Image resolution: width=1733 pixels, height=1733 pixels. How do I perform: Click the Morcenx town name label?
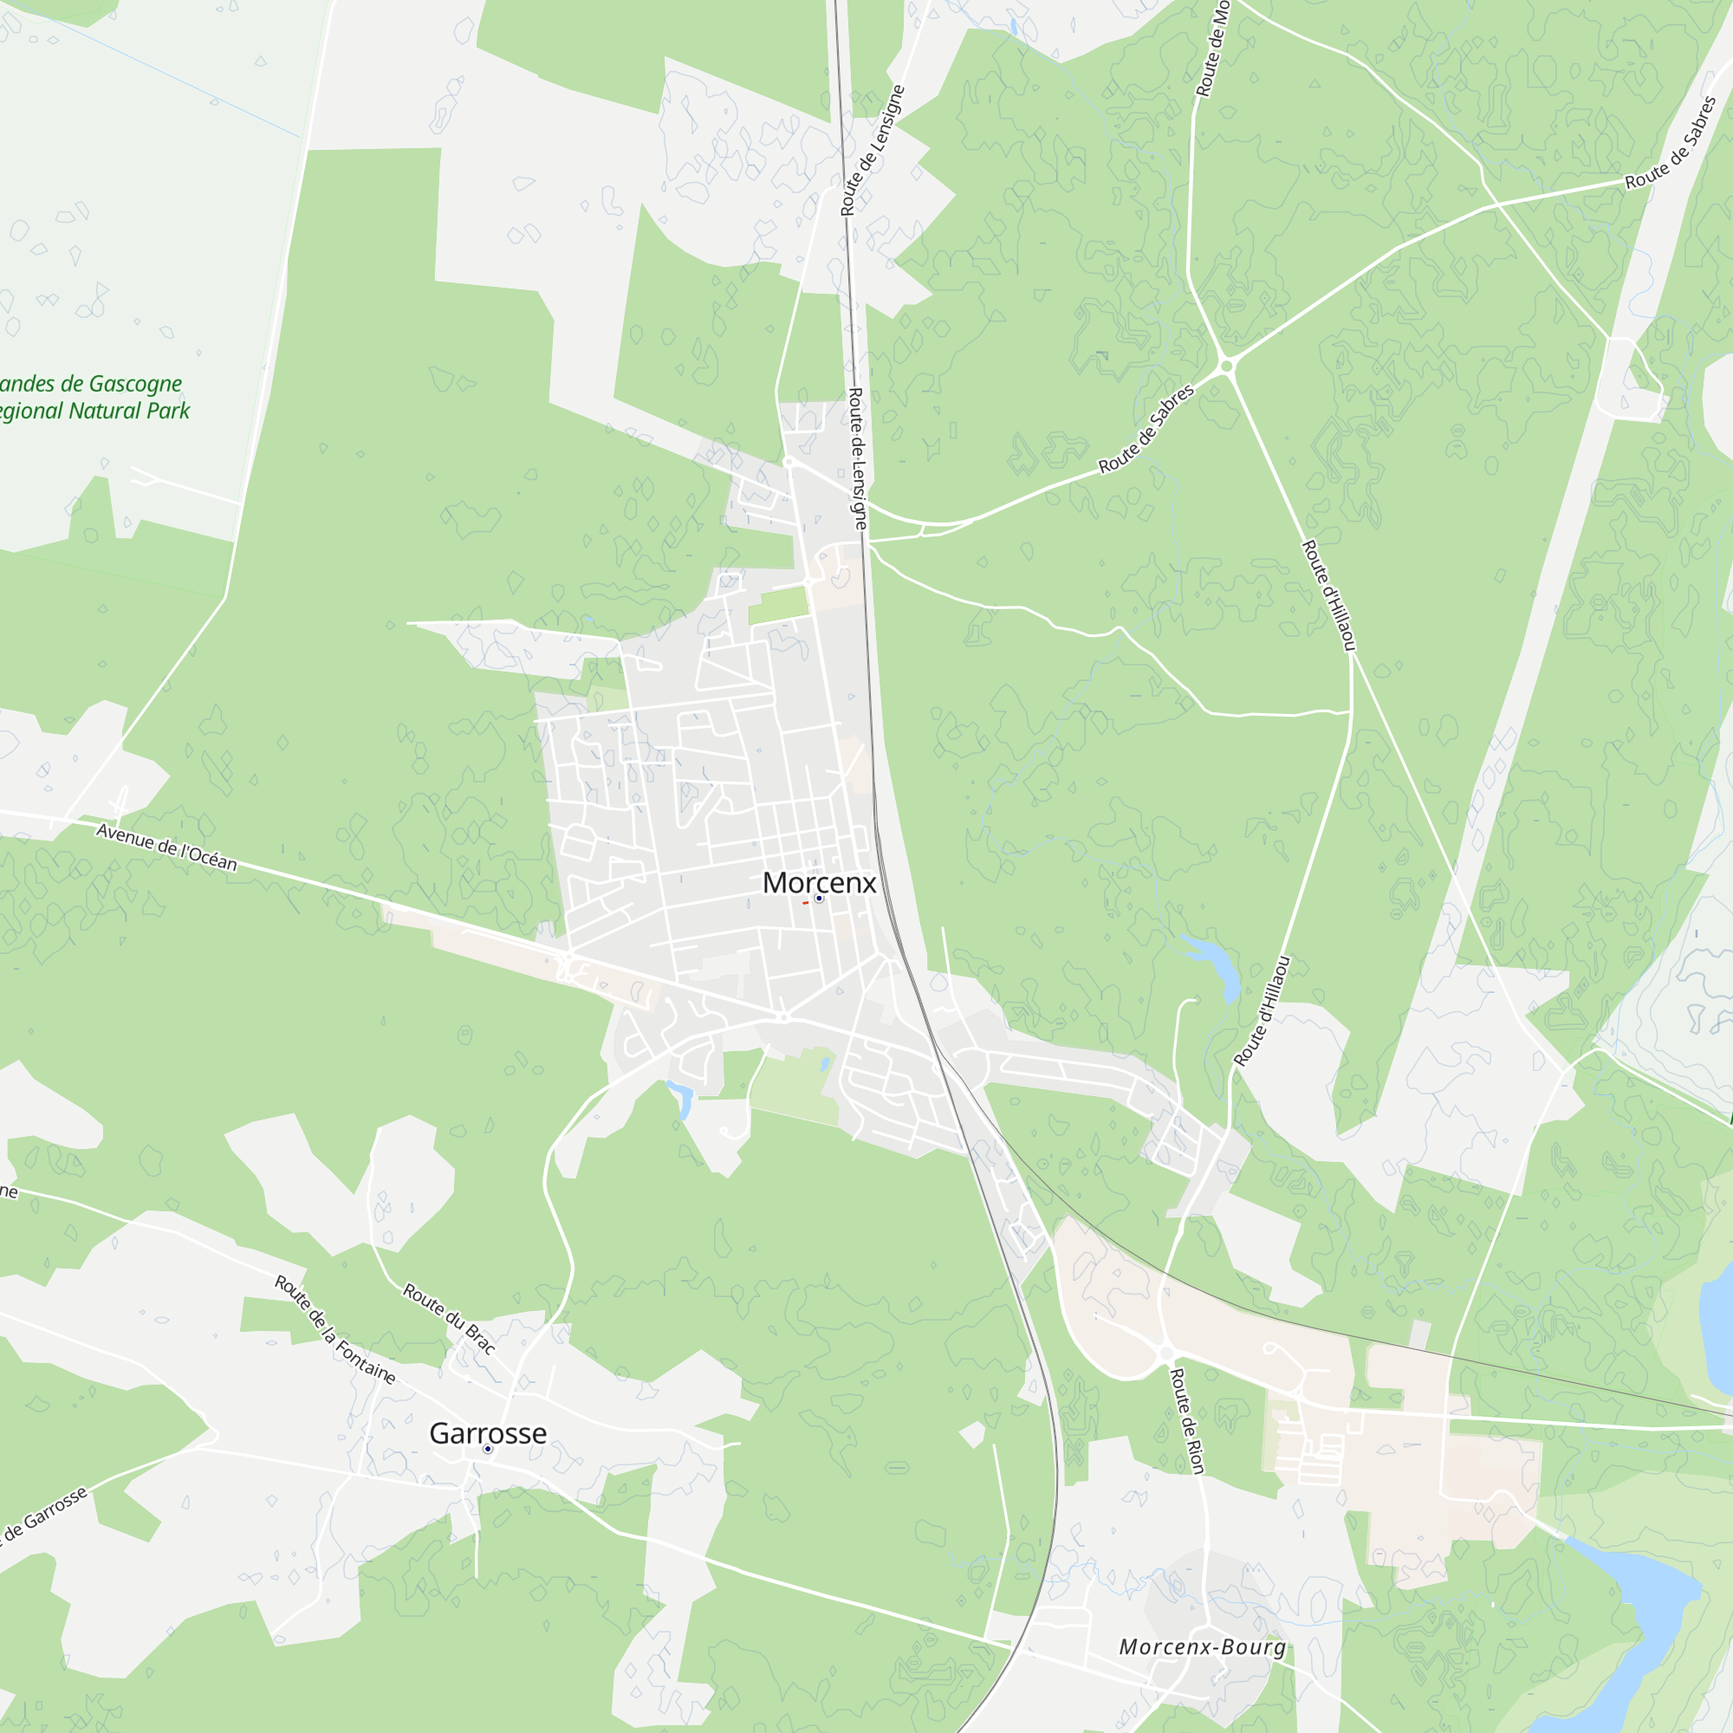coord(819,883)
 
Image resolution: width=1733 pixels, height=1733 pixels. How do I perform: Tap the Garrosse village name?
coord(487,1432)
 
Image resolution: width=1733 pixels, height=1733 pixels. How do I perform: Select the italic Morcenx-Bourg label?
coord(1202,1647)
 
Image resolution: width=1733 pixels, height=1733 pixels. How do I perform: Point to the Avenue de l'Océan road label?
coord(167,847)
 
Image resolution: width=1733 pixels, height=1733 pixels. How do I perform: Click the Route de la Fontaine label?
coord(334,1330)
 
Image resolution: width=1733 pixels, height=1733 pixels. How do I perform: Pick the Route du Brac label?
coord(449,1318)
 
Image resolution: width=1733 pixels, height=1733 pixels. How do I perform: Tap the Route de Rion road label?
coord(1188,1421)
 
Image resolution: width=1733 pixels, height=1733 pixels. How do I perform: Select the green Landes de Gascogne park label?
coord(90,398)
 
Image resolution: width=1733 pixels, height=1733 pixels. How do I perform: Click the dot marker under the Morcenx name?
coord(819,898)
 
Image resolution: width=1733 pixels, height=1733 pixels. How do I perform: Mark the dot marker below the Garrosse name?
coord(488,1449)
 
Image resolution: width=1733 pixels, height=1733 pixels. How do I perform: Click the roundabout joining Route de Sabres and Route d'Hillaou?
coord(1227,365)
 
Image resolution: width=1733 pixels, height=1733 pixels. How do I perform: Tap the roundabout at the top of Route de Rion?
coord(1166,1352)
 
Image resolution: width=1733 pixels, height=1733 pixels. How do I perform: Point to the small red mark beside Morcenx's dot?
coord(806,902)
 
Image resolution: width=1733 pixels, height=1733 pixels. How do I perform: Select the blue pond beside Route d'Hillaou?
coord(1216,964)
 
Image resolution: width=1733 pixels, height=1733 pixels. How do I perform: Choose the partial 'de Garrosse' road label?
coord(42,1516)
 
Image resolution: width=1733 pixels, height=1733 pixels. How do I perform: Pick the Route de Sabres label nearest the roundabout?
coord(1146,429)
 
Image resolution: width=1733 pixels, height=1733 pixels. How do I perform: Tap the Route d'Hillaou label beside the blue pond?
coord(1262,1011)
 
